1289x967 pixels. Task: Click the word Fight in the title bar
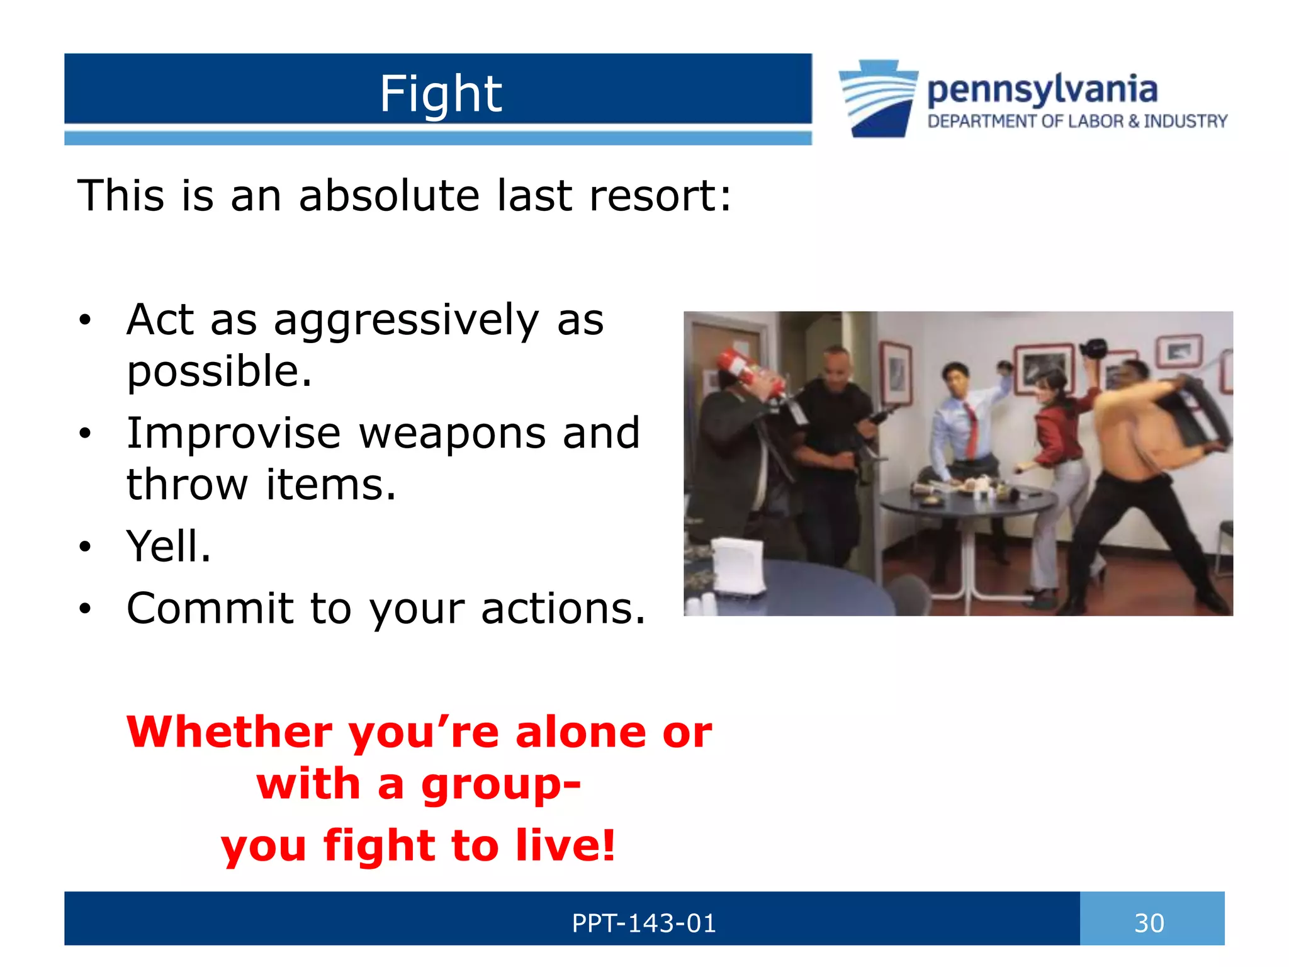(x=440, y=94)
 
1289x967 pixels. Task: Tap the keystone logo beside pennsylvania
(x=878, y=98)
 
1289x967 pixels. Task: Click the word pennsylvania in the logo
(x=1042, y=89)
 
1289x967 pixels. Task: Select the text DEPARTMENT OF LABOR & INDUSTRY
(x=1077, y=122)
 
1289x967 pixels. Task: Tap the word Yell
(x=168, y=546)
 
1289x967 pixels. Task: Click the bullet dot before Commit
(x=86, y=609)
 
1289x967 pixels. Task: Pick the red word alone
(x=580, y=732)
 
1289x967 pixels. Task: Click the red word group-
(x=500, y=784)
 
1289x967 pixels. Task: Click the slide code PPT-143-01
(x=643, y=923)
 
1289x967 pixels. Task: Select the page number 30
(x=1149, y=923)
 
